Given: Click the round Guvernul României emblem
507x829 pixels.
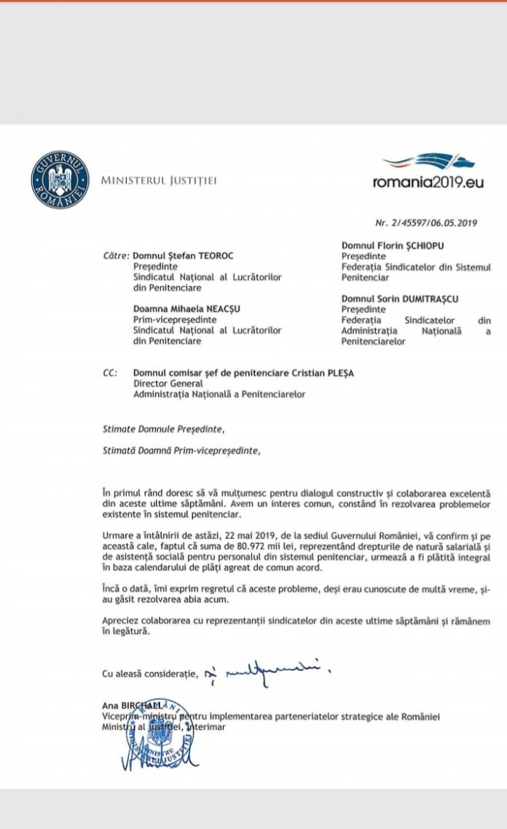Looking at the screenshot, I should (x=60, y=180).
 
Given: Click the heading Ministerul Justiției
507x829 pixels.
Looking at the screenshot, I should (x=158, y=180).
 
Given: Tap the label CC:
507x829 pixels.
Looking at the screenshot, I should (x=110, y=374).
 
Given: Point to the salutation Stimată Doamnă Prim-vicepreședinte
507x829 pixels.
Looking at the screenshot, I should (x=181, y=451).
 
